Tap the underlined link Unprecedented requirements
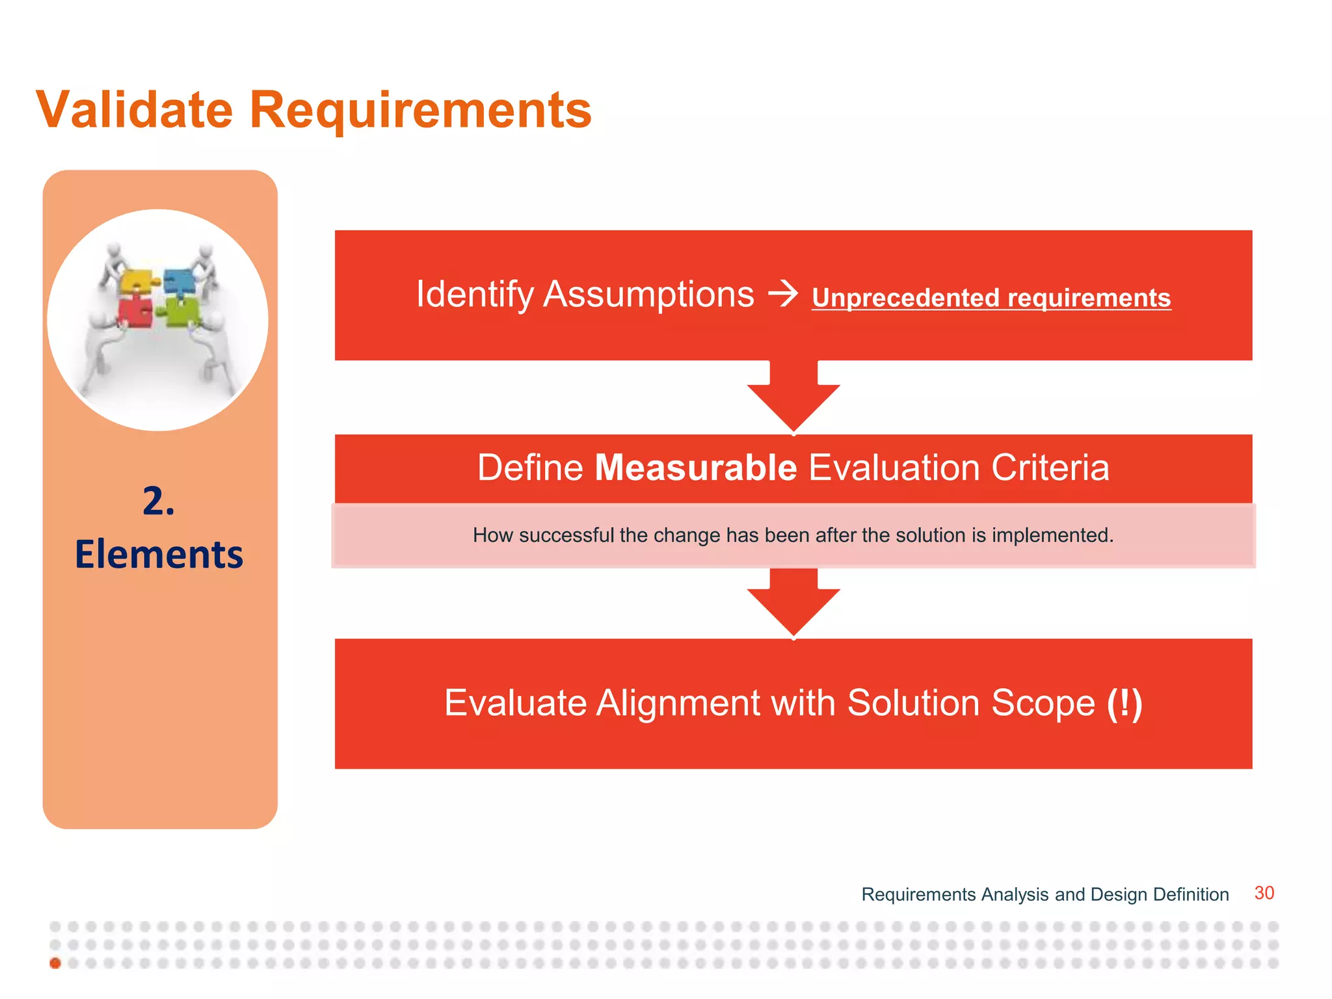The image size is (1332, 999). (x=991, y=298)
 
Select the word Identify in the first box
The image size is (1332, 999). (x=474, y=295)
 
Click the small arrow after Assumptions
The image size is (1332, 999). (x=782, y=293)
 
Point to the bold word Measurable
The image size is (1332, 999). (x=695, y=468)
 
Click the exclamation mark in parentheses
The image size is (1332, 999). (x=1125, y=704)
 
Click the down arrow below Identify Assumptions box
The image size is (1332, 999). (x=793, y=398)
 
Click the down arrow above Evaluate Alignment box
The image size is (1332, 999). (x=793, y=602)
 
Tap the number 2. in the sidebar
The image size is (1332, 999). (x=159, y=501)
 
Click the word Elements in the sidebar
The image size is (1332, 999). (x=159, y=555)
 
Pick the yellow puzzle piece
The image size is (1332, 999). (x=137, y=282)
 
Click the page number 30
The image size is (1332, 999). (x=1264, y=893)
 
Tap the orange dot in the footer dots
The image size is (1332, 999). (x=55, y=963)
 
